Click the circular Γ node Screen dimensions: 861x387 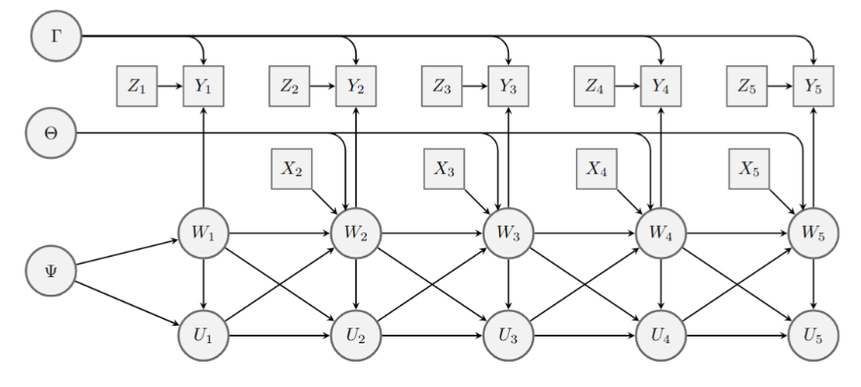56,36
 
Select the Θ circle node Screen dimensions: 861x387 51,133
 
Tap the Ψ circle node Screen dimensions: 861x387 51,271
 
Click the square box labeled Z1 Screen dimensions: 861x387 137,87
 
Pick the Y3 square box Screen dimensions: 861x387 509,87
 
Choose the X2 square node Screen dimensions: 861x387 292,169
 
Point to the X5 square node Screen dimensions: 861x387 749,169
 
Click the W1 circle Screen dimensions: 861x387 203,233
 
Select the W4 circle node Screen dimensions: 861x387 661,233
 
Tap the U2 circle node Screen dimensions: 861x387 356,335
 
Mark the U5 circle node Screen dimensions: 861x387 813,335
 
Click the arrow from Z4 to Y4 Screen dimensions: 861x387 628,87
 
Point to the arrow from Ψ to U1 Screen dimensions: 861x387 126,304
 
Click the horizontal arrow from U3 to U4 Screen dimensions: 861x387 585,335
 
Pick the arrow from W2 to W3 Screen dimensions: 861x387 432,233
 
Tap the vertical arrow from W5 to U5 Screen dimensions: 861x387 813,284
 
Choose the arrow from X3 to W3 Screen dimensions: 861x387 477,201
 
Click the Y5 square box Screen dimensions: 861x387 813,87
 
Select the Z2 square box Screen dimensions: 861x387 289,87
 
